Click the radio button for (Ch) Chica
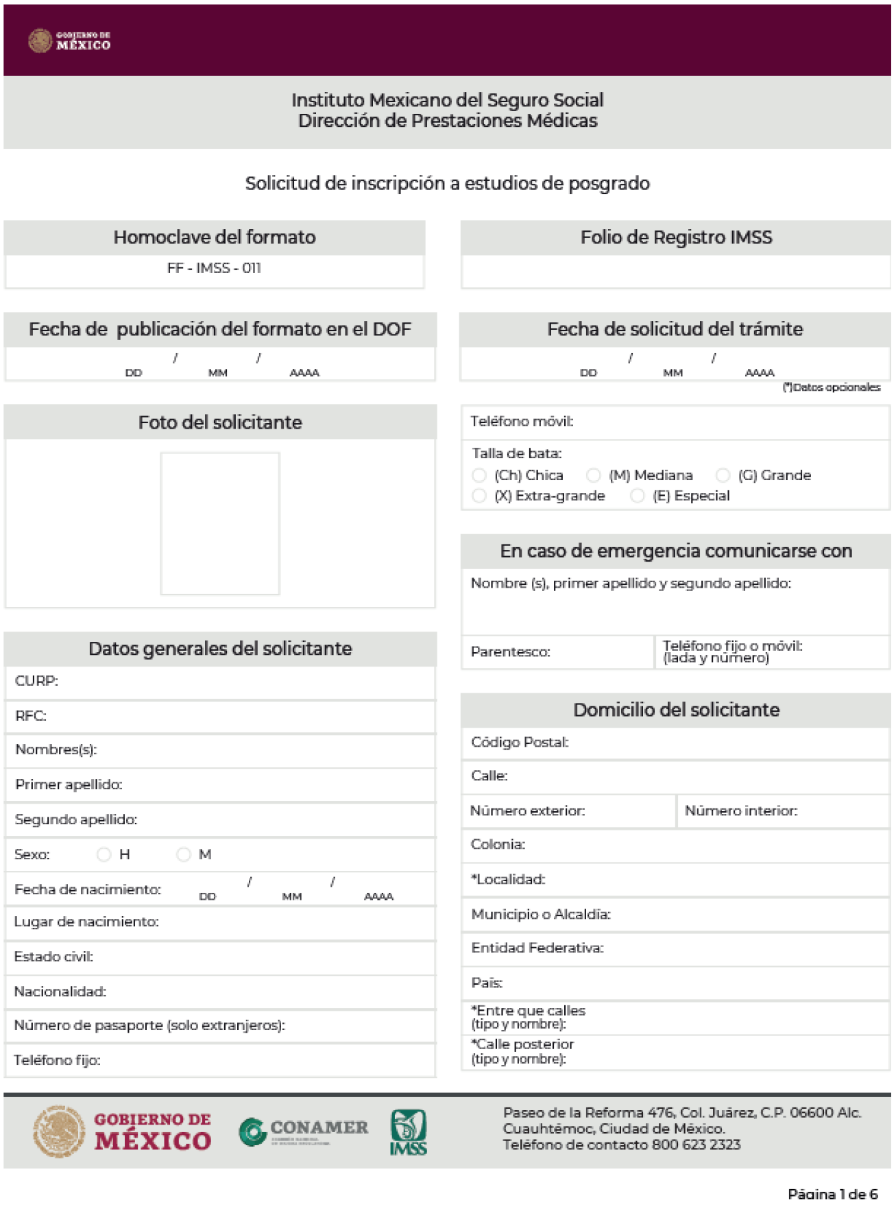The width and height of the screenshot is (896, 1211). (x=479, y=475)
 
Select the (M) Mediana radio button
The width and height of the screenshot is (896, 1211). (x=594, y=475)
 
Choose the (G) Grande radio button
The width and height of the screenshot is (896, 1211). (x=723, y=475)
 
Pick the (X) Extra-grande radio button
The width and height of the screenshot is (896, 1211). (x=479, y=496)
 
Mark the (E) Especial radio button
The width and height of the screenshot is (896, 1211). (x=638, y=496)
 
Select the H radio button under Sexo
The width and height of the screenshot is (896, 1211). (x=104, y=854)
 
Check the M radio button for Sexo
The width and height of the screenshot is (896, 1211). (x=183, y=854)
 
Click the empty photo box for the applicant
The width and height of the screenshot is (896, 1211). (x=220, y=523)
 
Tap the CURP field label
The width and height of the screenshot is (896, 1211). (x=36, y=681)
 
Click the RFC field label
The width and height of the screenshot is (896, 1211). (x=31, y=716)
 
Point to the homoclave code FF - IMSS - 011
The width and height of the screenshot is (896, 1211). (x=214, y=268)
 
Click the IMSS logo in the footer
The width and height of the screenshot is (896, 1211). (x=409, y=1132)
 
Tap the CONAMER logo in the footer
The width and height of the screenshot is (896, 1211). (x=303, y=1131)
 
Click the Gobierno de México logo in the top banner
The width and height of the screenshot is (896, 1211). (x=69, y=40)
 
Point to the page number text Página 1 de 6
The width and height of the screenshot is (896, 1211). (x=832, y=1194)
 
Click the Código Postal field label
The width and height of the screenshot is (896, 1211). (x=520, y=742)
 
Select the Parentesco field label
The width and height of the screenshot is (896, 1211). (x=510, y=652)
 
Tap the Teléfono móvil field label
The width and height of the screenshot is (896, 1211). (x=522, y=421)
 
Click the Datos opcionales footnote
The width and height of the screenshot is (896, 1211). (x=832, y=387)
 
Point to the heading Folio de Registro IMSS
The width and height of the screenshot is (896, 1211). (x=676, y=237)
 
